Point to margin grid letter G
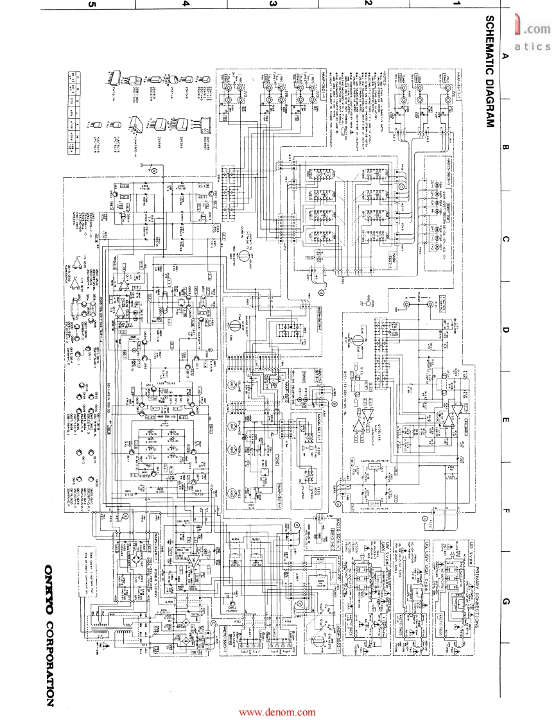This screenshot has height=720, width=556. [x=505, y=601]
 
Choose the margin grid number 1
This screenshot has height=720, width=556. [x=457, y=4]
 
